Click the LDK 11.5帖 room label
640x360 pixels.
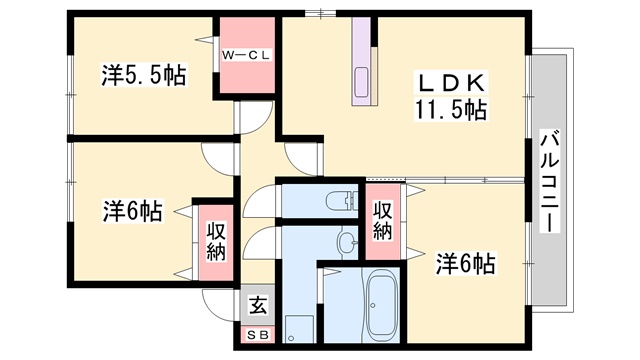point(451,96)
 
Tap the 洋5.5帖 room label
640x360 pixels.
point(144,75)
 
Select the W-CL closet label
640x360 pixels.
point(246,55)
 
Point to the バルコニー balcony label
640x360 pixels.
point(550,181)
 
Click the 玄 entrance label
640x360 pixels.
point(258,305)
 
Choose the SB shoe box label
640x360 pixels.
point(258,335)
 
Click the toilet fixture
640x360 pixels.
point(342,200)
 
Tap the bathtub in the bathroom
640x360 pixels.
point(382,304)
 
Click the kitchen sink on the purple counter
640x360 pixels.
point(362,82)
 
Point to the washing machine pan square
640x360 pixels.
point(299,329)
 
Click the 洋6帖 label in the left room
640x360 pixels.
point(133,211)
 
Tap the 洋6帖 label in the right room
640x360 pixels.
point(465,264)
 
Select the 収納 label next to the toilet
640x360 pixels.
point(383,221)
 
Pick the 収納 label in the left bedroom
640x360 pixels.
point(216,242)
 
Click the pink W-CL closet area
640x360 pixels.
point(247,55)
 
